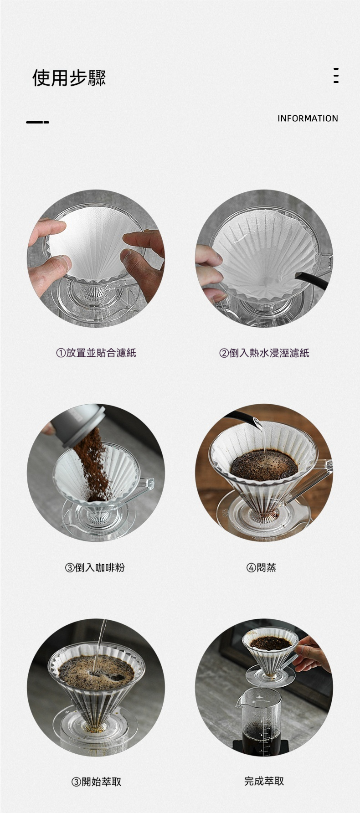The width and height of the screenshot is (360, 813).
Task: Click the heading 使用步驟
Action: tap(69, 77)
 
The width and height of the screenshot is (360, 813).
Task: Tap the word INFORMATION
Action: tap(308, 118)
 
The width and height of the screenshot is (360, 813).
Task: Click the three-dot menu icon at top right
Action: tap(336, 75)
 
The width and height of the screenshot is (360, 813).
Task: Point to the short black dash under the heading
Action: tap(37, 122)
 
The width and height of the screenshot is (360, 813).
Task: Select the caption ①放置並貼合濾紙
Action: tap(96, 352)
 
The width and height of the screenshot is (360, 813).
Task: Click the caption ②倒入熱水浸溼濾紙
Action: tap(264, 352)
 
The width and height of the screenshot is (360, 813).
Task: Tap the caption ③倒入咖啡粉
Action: tap(95, 567)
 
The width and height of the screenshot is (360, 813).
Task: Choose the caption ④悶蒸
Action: tap(261, 567)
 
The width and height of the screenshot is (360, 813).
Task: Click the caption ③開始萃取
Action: tap(96, 782)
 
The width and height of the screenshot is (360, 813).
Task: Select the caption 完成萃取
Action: tap(264, 781)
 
